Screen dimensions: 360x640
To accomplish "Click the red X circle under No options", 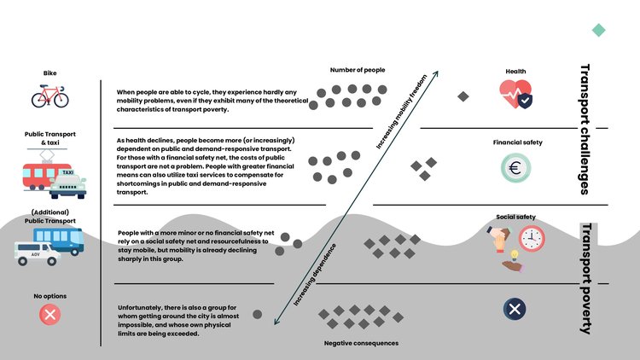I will [49, 315].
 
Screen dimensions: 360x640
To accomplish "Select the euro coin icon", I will [516, 166].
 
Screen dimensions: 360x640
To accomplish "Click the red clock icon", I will [532, 239].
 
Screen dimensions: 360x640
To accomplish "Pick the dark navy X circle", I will [515, 308].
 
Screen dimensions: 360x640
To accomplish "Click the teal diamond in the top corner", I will [599, 30].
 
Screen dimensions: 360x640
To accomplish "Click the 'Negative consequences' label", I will [361, 343].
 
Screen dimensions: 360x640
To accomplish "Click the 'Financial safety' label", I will [517, 142].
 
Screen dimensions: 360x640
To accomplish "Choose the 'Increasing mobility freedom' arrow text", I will [403, 113].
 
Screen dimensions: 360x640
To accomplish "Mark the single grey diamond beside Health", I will [463, 96].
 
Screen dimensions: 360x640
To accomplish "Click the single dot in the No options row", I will [257, 314].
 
